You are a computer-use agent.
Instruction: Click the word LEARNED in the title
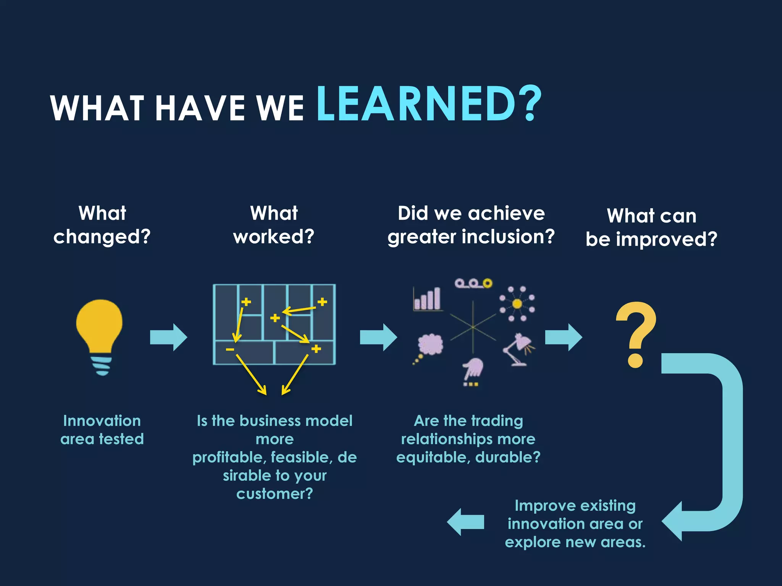416,104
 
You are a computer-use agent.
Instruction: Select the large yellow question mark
635,334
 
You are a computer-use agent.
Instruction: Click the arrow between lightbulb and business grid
168,337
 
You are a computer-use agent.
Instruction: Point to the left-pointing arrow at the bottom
465,522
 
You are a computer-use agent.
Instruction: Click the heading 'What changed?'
102,225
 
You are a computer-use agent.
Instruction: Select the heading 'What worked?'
274,225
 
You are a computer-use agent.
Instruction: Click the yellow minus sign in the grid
230,349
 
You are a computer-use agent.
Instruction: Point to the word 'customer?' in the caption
275,494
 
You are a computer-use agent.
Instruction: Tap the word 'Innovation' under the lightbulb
102,421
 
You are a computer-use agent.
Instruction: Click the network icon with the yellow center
517,304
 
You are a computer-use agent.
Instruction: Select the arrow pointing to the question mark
563,337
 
